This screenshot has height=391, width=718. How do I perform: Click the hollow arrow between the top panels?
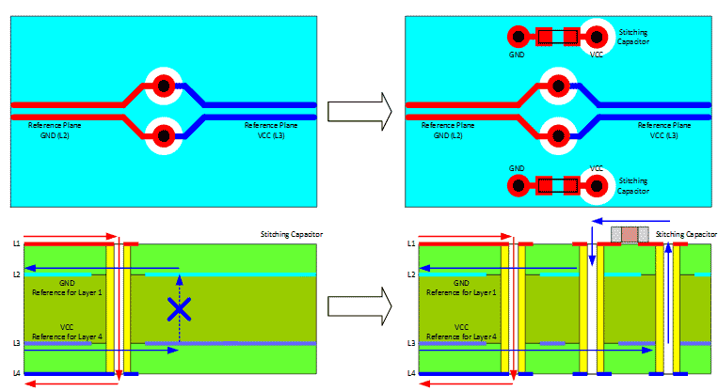359,111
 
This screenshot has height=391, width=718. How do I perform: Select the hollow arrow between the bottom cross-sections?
359,306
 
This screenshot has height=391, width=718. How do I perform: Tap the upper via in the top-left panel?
163,86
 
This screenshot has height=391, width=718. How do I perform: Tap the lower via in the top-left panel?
163,136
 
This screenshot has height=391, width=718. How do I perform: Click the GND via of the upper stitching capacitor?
517,38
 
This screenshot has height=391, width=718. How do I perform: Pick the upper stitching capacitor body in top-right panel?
557,38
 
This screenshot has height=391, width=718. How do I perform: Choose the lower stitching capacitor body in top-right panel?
557,184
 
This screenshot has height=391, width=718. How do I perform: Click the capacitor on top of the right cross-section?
629,234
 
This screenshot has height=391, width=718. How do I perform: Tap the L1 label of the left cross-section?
16,244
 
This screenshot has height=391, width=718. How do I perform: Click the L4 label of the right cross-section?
411,374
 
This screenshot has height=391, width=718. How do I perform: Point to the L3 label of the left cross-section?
16,344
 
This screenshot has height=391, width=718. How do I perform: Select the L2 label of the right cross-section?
411,274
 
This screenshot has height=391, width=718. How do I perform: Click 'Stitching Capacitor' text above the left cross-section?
289,233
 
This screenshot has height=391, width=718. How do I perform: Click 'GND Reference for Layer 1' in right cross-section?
461,287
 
